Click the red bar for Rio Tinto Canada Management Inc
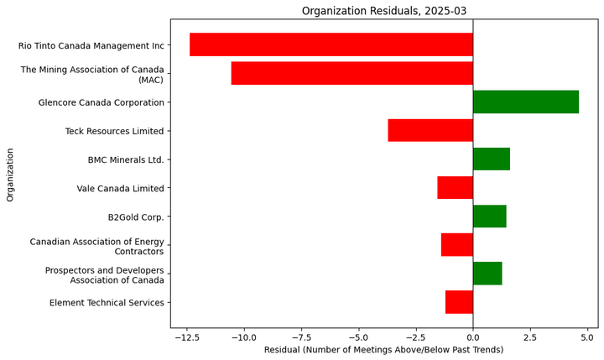pos(331,44)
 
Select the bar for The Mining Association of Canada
pos(351,73)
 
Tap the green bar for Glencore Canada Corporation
pos(525,102)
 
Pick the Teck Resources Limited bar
pos(430,130)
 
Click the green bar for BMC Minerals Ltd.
pos(491,159)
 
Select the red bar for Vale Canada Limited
pos(455,187)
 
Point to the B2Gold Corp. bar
pos(489,216)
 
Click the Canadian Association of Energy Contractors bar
pos(456,244)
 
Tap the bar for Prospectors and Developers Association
pos(487,273)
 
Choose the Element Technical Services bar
pos(459,301)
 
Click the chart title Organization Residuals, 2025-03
pos(383,11)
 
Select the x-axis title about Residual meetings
pos(383,349)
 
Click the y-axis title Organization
pos(11,175)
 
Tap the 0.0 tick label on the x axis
pos(473,336)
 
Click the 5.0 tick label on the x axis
pos(587,336)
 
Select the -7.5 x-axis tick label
pos(301,336)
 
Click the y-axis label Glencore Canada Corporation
pos(101,102)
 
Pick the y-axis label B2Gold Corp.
pos(136,217)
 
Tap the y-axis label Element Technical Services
pos(107,302)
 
